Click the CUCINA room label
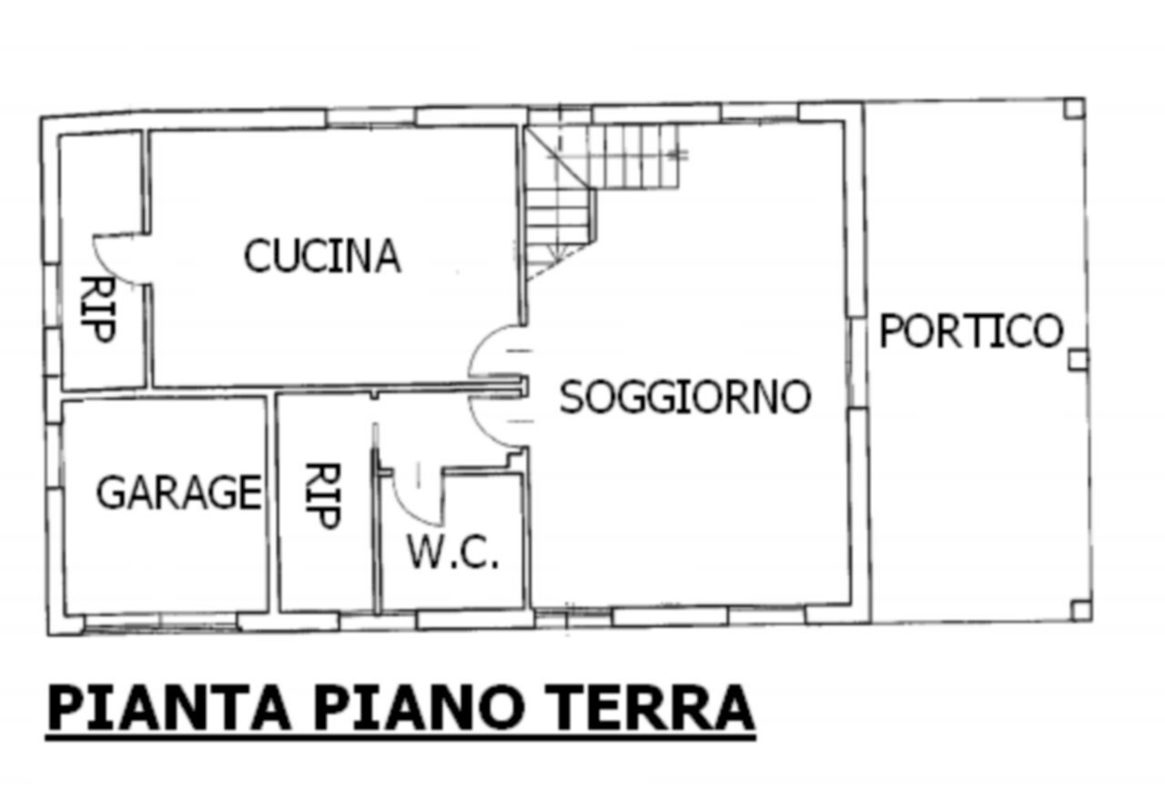tap(322, 256)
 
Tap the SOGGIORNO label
tap(684, 398)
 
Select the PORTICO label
tap(970, 330)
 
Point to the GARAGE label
tap(178, 492)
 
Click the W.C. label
tap(452, 553)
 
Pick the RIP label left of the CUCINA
tap(97, 310)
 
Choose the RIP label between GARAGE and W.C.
tap(321, 496)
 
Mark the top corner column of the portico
tap(1074, 109)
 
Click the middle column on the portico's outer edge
tap(1077, 360)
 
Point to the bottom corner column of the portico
tap(1079, 611)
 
